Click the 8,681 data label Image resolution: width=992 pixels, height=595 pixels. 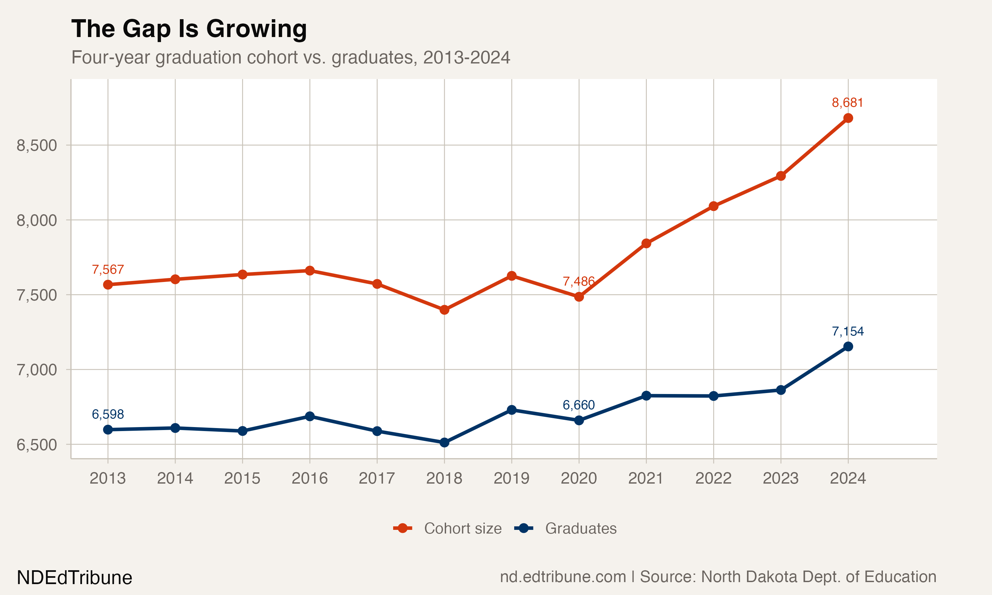click(847, 103)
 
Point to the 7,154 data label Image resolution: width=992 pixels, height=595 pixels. click(847, 331)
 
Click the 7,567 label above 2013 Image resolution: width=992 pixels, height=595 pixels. click(108, 269)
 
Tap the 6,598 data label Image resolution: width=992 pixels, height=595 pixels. click(108, 414)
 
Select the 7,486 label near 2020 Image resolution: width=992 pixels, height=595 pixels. click(578, 281)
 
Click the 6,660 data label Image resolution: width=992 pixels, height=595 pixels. click(578, 405)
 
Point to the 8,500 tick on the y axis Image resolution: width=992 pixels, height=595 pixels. click(36, 145)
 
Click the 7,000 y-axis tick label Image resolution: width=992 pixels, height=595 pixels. click(36, 370)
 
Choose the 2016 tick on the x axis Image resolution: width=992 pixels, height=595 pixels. click(310, 478)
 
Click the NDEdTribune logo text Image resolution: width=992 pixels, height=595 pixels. click(75, 578)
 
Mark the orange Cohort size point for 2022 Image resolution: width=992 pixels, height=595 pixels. click(713, 206)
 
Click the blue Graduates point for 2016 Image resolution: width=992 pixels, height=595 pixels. click(310, 416)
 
